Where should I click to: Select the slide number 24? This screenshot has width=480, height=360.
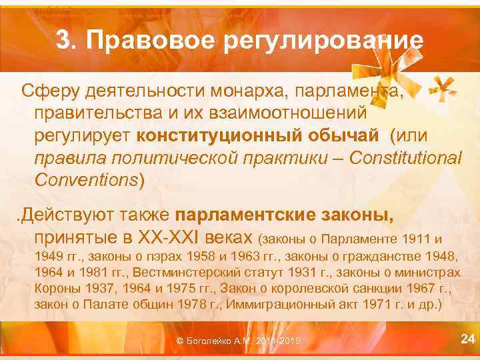[468, 339]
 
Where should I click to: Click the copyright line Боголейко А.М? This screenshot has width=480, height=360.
[238, 341]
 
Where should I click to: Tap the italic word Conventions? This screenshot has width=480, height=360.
[87, 180]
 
